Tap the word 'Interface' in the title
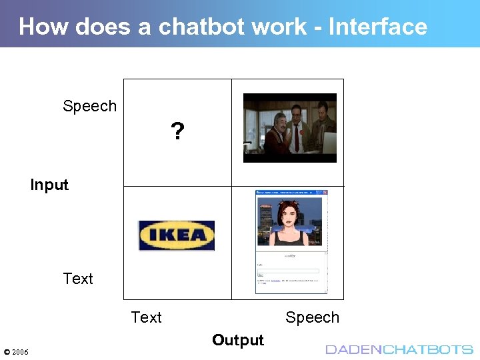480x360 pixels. click(378, 27)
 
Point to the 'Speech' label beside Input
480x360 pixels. click(89, 106)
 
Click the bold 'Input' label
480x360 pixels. click(49, 185)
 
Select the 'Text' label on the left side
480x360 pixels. click(78, 279)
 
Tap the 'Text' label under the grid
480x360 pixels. click(146, 317)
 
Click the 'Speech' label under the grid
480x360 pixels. click(312, 317)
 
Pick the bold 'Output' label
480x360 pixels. click(238, 340)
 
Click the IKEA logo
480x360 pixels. click(177, 235)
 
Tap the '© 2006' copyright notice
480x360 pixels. click(16, 351)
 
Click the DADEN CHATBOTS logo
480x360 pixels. click(399, 349)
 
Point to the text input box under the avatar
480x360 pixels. click(289, 270)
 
